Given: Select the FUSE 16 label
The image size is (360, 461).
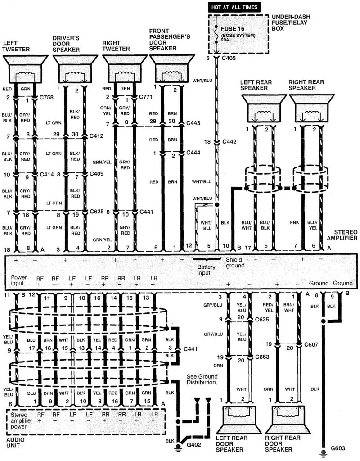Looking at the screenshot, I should (x=232, y=28).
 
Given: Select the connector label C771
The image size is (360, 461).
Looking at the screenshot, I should (x=146, y=97).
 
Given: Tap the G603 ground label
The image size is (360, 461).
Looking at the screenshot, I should (x=337, y=448).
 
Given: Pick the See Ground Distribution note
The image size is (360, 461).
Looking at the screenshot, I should (x=202, y=379).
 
